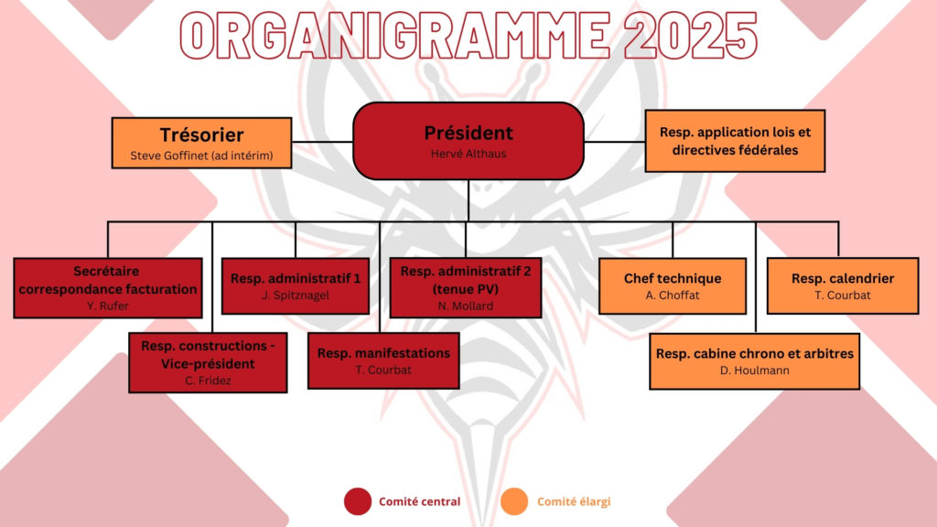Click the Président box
pos(468,141)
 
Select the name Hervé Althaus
pos(468,154)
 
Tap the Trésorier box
pos(202,143)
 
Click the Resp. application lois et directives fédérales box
pos(735,141)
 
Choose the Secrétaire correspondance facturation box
pos(108,288)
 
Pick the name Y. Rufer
pos(108,306)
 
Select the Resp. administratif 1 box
pos(296,286)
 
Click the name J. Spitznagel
pos(296,296)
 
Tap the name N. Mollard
pos(466,306)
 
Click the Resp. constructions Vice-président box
pos(208,362)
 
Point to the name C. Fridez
pos(208,381)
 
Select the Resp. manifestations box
pos(383,360)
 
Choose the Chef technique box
pos(673,286)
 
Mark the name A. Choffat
pos(673,296)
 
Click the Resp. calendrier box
pos(843,286)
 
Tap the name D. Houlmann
pos(755,371)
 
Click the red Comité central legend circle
pos(358,501)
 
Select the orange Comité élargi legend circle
pos(514,501)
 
